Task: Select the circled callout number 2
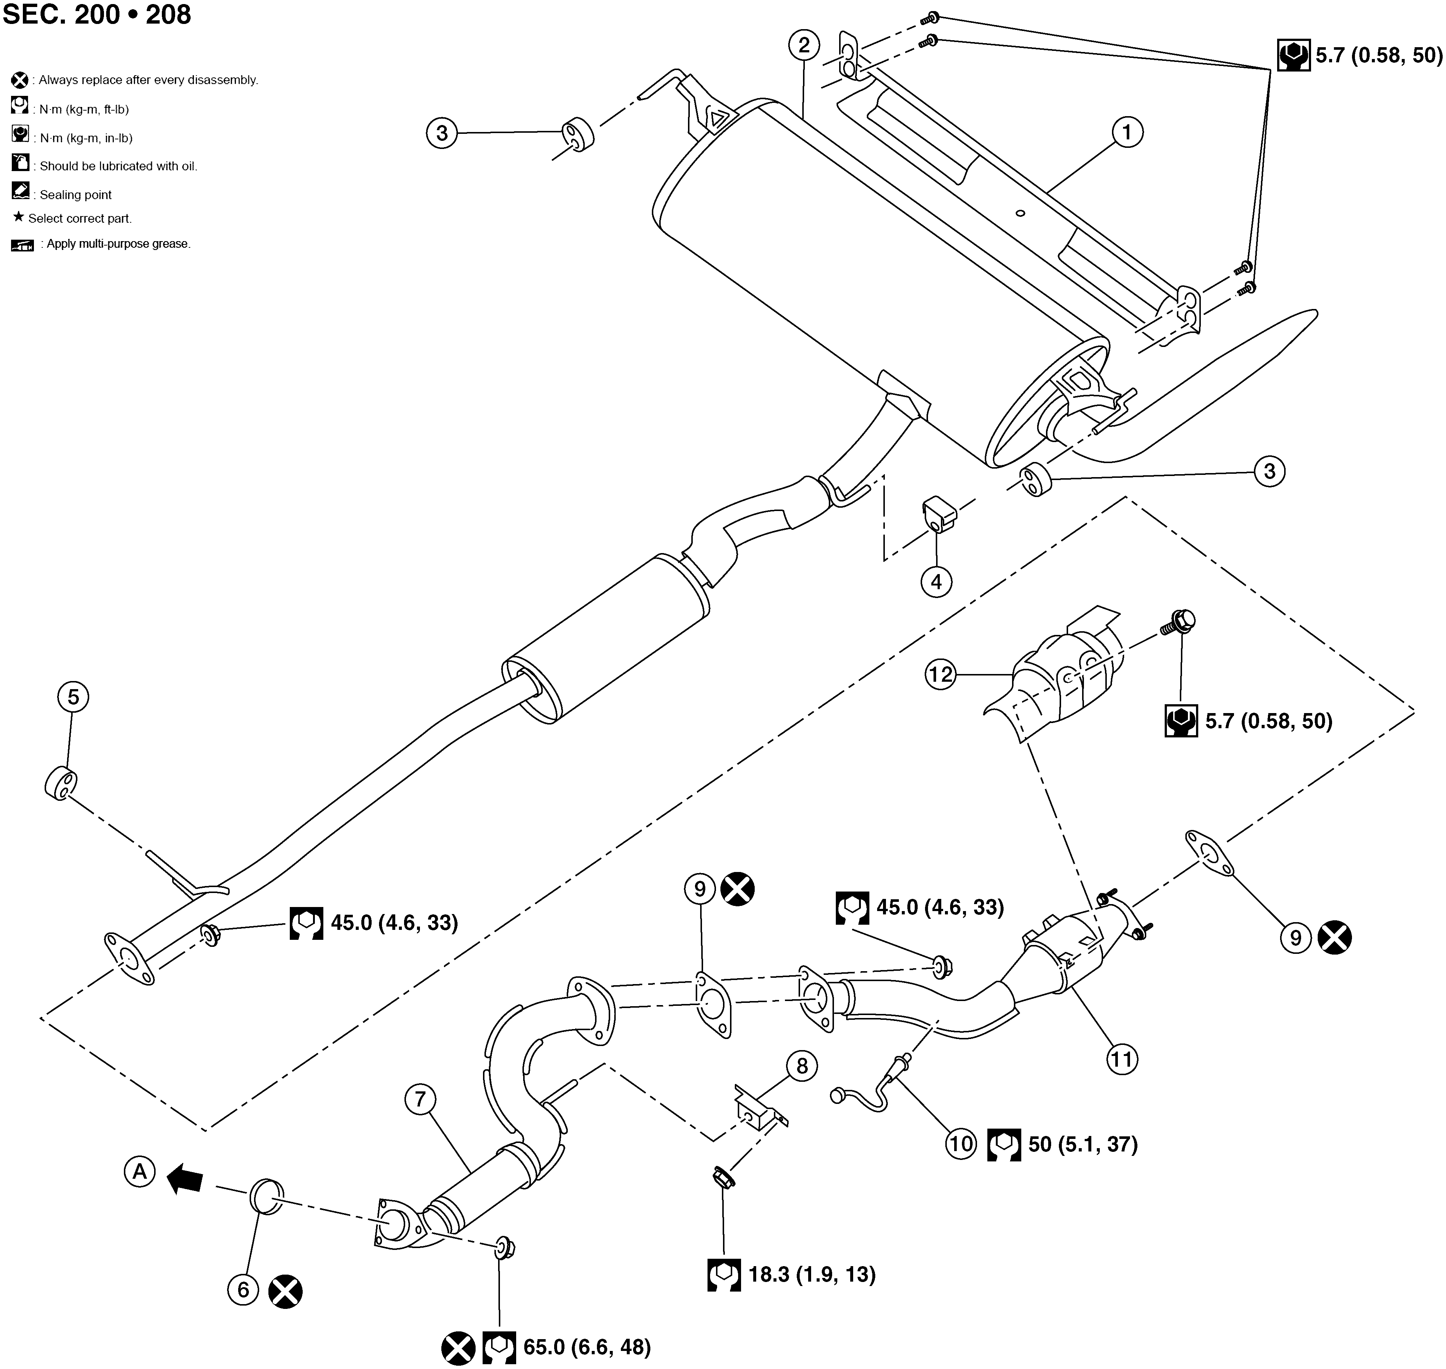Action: point(804,45)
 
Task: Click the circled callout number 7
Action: point(420,1099)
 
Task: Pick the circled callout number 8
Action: point(802,1066)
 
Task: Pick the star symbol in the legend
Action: point(19,217)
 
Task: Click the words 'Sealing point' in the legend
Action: point(76,195)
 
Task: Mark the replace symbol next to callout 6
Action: point(285,1292)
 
